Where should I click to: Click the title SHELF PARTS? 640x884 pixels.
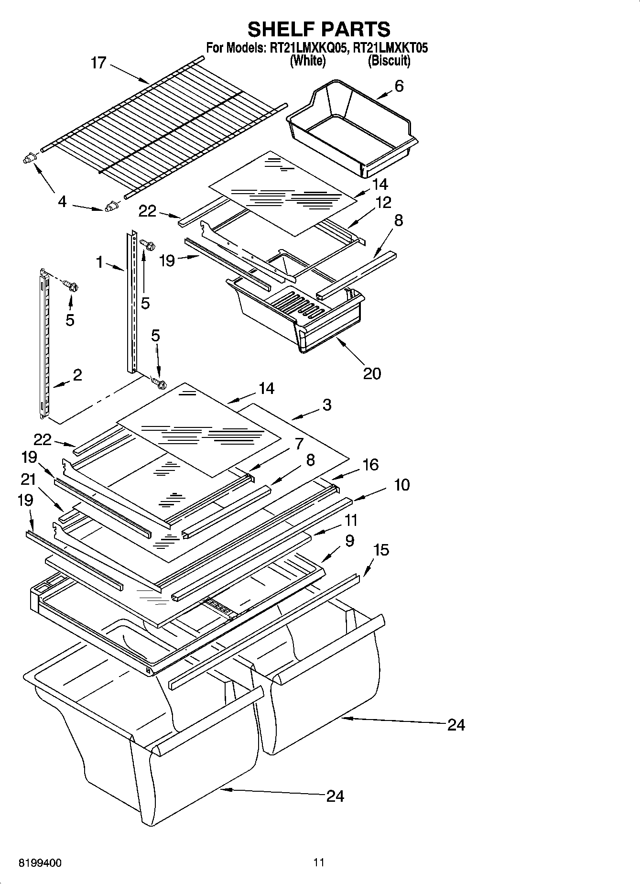click(x=319, y=29)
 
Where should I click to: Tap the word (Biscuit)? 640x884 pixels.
click(x=389, y=61)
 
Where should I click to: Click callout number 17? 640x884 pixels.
click(x=98, y=63)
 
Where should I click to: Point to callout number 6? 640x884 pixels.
click(x=399, y=86)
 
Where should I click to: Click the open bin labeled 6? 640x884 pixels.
click(x=351, y=127)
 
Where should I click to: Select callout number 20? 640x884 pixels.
click(x=372, y=373)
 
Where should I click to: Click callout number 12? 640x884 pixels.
click(x=383, y=202)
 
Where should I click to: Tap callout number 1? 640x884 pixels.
click(x=99, y=262)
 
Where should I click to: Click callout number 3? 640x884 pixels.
click(x=326, y=405)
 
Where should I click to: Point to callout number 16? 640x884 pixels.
click(x=370, y=464)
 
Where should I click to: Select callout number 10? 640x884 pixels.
click(x=401, y=485)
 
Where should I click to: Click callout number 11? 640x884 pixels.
click(x=351, y=520)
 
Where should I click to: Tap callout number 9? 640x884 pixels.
click(x=349, y=541)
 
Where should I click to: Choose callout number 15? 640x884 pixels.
click(x=381, y=550)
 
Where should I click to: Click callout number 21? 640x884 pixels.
click(x=28, y=479)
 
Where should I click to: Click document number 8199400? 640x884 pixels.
click(x=40, y=863)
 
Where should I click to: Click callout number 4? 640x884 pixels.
click(x=62, y=202)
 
